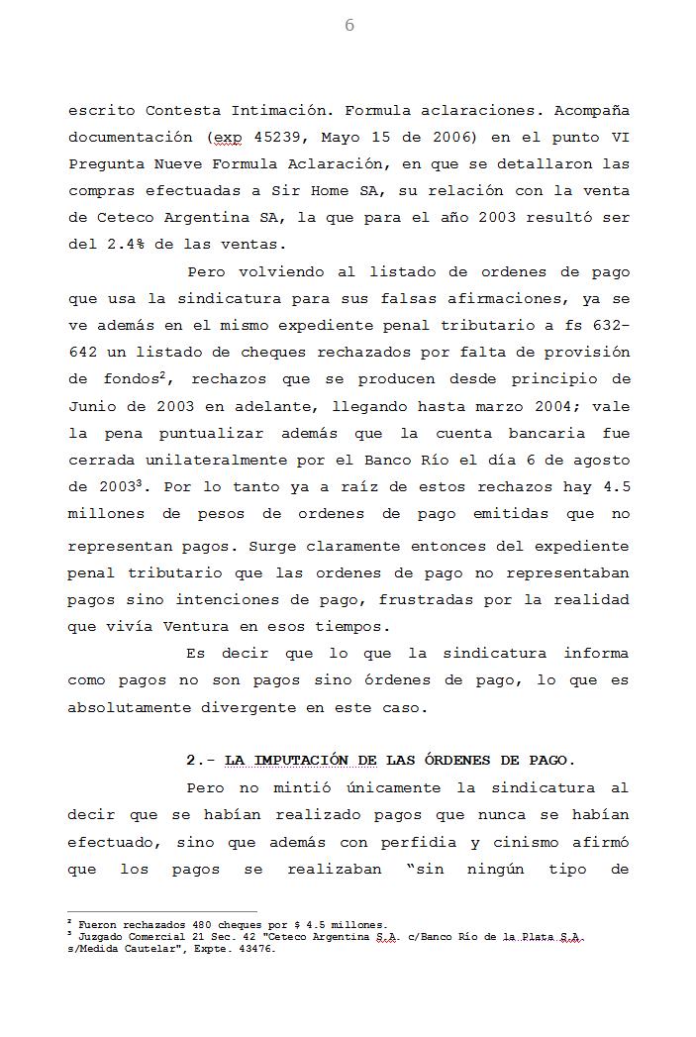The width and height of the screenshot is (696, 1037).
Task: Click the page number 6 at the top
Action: pos(348,26)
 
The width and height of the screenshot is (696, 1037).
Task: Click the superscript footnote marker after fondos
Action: pos(173,373)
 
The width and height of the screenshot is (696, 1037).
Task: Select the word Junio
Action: pos(94,406)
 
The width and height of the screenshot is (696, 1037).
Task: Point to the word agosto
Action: pos(599,460)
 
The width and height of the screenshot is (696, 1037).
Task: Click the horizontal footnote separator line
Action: pos(161,911)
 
